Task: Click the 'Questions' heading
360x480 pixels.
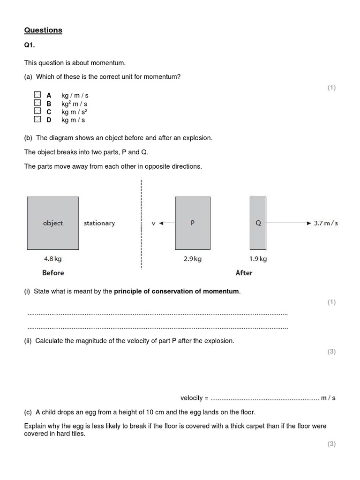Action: pyautogui.click(x=43, y=30)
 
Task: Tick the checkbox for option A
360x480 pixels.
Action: pyautogui.click(x=37, y=95)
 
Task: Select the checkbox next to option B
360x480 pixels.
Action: pyautogui.click(x=37, y=103)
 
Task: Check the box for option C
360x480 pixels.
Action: pyautogui.click(x=37, y=111)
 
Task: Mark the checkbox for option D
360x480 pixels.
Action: pyautogui.click(x=37, y=120)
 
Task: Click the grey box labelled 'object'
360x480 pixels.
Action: pyautogui.click(x=52, y=223)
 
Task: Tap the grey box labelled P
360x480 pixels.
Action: pyautogui.click(x=193, y=223)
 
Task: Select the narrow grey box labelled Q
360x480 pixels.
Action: pyautogui.click(x=258, y=223)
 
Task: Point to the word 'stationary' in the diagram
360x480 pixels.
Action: pyautogui.click(x=99, y=223)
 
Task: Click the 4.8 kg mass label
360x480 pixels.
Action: pyautogui.click(x=52, y=258)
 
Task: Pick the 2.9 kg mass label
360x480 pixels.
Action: pyautogui.click(x=193, y=259)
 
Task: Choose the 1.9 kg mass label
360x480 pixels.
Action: pyautogui.click(x=258, y=259)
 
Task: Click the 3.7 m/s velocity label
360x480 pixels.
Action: pyautogui.click(x=325, y=223)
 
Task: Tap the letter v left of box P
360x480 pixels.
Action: pyautogui.click(x=153, y=223)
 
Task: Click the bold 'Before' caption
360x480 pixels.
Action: pyautogui.click(x=53, y=273)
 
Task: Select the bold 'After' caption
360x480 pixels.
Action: pyautogui.click(x=244, y=273)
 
